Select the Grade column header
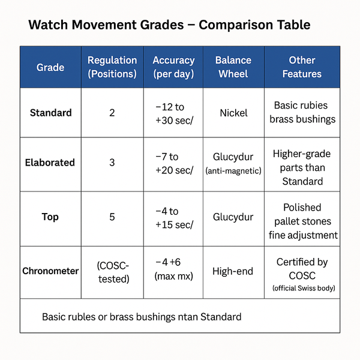click(x=50, y=67)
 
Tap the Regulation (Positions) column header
click(x=112, y=67)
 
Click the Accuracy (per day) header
click(x=173, y=67)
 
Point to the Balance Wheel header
click(x=233, y=67)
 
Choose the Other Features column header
click(x=302, y=67)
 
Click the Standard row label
click(x=51, y=113)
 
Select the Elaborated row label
click(x=50, y=163)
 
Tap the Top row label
click(x=50, y=217)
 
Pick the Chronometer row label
click(x=50, y=271)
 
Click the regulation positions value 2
click(x=112, y=113)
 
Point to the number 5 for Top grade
click(x=112, y=217)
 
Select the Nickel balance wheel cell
click(x=234, y=113)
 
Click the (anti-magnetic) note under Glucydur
click(x=233, y=171)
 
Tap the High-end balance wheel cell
click(x=233, y=271)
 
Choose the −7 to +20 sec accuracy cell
click(x=174, y=163)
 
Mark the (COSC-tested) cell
click(x=113, y=272)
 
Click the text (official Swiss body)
click(x=304, y=288)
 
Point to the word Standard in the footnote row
click(x=221, y=317)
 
